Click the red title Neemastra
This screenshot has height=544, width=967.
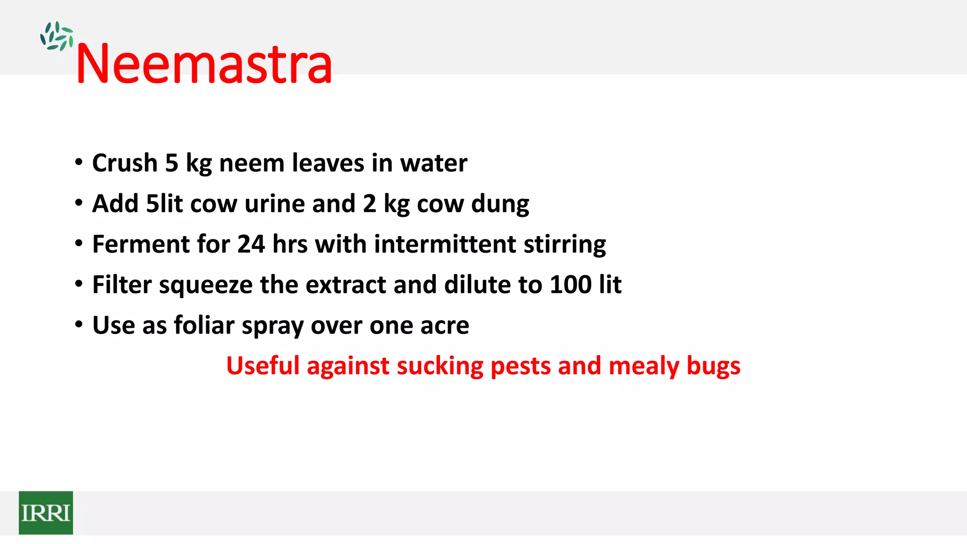[x=204, y=64]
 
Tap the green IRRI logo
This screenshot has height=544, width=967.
[x=46, y=513]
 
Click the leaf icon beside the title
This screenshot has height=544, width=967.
[x=57, y=36]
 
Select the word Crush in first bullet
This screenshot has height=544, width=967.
[x=125, y=163]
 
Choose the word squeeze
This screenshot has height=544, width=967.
[x=206, y=286]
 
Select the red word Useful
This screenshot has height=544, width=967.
[x=263, y=366]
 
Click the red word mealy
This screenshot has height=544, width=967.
[x=644, y=366]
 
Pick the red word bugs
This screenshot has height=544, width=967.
[x=713, y=366]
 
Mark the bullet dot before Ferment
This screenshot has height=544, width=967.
[x=79, y=244]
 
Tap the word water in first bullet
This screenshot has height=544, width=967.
[x=433, y=163]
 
